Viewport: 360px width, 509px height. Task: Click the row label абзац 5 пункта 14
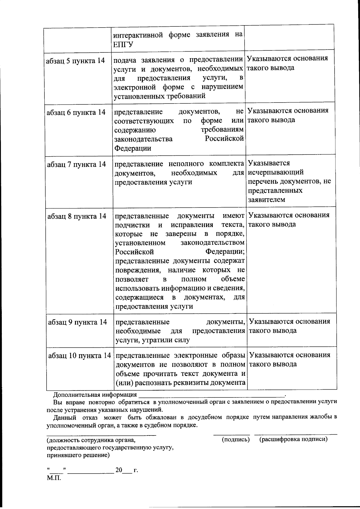(x=75, y=61)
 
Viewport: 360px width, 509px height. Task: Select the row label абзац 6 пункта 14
(x=76, y=112)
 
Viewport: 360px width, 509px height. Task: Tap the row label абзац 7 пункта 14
(x=76, y=164)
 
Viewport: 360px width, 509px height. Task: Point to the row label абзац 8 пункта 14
(x=77, y=216)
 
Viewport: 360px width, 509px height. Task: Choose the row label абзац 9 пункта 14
(x=77, y=322)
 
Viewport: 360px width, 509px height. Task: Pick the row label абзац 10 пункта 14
(x=79, y=356)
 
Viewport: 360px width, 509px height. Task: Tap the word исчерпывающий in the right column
(x=276, y=172)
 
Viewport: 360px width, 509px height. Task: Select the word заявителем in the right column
(x=266, y=199)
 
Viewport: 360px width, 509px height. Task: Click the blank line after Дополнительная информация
(x=211, y=394)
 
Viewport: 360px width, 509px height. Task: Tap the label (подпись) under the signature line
(x=235, y=440)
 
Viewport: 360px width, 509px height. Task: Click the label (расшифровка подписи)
(x=293, y=439)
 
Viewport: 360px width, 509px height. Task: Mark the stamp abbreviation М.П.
(x=54, y=478)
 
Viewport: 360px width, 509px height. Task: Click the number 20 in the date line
(x=119, y=470)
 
